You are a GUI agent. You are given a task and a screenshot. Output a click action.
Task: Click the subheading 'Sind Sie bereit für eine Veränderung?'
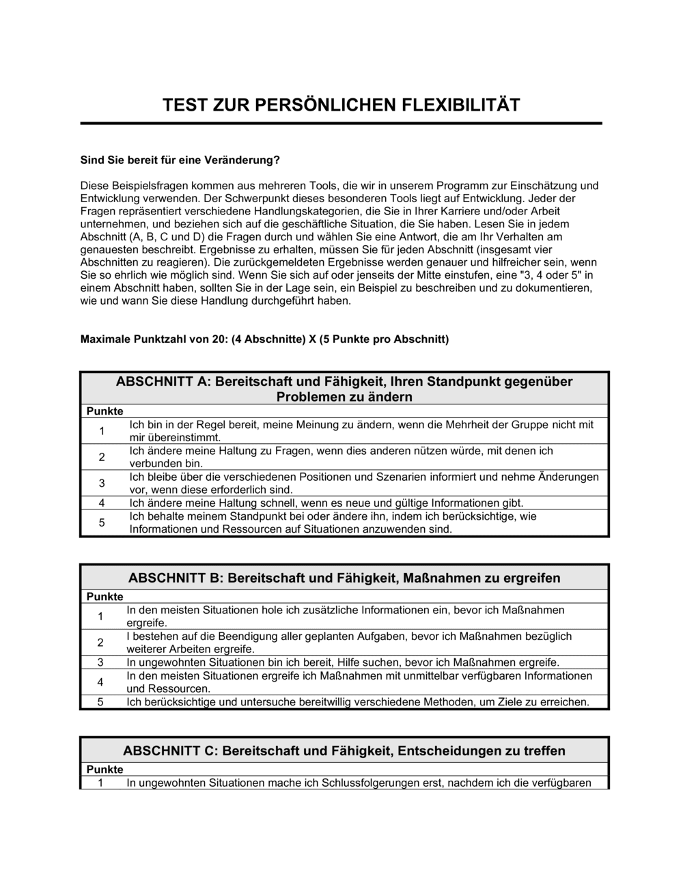point(180,160)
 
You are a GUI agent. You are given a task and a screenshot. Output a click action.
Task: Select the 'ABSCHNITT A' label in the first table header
point(161,381)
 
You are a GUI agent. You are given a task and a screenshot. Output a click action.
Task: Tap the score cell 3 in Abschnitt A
point(102,484)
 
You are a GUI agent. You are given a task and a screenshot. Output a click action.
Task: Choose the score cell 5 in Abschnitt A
point(102,523)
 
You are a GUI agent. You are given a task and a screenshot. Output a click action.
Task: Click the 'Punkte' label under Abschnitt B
point(104,597)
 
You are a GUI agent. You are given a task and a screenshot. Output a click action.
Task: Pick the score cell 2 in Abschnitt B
point(100,643)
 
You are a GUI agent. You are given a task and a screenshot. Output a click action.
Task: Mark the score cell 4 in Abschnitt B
point(100,682)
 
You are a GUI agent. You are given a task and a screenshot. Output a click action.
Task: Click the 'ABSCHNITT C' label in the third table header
point(168,751)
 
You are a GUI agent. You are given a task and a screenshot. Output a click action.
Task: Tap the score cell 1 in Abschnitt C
point(100,783)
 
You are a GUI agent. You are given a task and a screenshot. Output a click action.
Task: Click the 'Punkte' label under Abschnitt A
point(104,411)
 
